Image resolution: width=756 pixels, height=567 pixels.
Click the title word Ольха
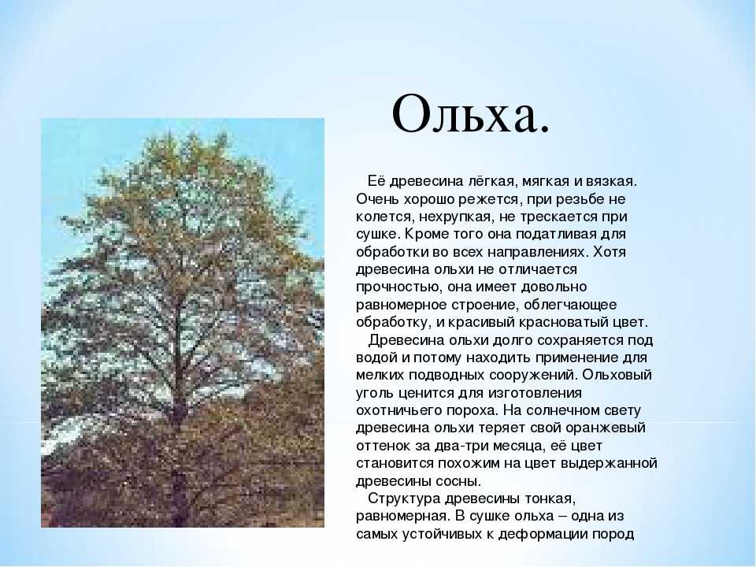click(x=470, y=115)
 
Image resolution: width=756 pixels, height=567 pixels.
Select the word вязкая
click(x=612, y=182)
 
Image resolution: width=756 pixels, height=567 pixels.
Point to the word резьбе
click(x=577, y=199)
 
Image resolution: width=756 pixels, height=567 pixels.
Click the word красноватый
click(x=565, y=322)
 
